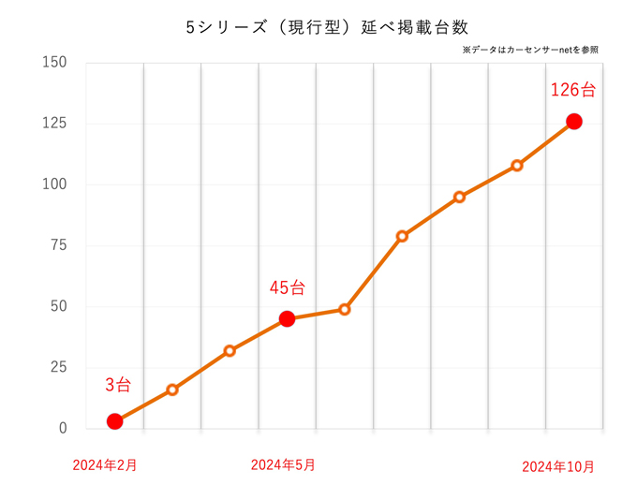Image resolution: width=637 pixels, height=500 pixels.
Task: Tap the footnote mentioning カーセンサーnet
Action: coord(529,50)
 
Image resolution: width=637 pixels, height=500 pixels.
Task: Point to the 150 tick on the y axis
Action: coord(55,63)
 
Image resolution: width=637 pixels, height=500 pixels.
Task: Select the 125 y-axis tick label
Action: coord(55,124)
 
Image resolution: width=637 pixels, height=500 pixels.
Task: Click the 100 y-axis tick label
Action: coord(55,184)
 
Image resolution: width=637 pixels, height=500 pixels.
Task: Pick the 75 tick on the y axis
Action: coord(58,245)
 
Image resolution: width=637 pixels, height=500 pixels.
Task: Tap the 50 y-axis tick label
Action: coord(58,306)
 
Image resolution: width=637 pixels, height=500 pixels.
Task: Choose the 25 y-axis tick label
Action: coord(58,367)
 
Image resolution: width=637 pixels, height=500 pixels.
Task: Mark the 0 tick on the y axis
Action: coord(63,428)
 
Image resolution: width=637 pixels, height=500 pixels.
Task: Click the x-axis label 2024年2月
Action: coord(105,465)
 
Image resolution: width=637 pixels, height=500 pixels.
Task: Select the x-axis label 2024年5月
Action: coord(283,465)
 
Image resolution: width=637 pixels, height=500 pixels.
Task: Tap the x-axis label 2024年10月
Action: coord(558,466)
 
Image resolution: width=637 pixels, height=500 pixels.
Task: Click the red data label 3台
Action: coord(118,385)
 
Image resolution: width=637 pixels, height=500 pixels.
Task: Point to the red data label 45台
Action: coord(287,288)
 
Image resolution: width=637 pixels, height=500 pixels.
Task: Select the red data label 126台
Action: coord(572,91)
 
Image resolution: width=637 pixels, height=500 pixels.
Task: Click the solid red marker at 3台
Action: coord(114,421)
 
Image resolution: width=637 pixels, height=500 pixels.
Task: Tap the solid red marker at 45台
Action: coord(287,318)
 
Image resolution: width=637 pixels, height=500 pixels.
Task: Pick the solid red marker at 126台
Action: coord(574,122)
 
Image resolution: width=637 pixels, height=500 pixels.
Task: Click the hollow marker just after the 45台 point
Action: coord(345,309)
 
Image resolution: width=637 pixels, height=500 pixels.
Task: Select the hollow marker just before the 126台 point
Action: coord(517,166)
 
